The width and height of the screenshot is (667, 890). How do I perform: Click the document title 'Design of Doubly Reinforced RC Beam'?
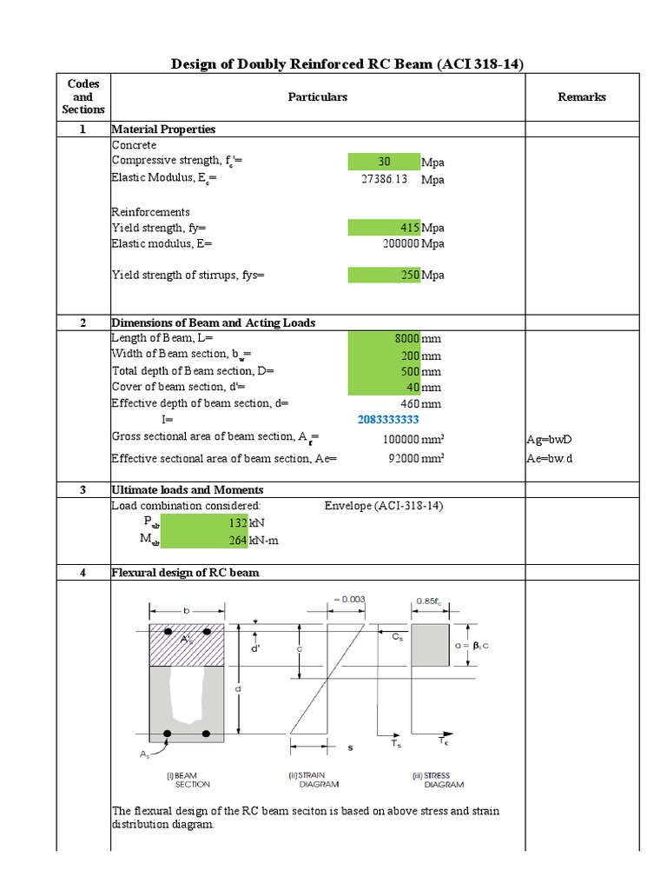347,64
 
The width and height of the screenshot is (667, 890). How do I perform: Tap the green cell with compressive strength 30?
384,163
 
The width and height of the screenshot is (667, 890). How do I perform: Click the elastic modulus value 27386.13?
384,180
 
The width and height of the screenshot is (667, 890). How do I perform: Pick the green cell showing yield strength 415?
384,228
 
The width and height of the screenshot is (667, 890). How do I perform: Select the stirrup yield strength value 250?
384,276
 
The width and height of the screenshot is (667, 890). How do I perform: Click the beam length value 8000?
384,338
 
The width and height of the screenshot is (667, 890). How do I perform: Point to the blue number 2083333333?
388,420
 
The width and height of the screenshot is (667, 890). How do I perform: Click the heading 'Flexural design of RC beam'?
185,573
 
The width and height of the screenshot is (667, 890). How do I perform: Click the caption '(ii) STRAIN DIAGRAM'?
314,779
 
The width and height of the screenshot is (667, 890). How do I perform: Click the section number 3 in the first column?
83,490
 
